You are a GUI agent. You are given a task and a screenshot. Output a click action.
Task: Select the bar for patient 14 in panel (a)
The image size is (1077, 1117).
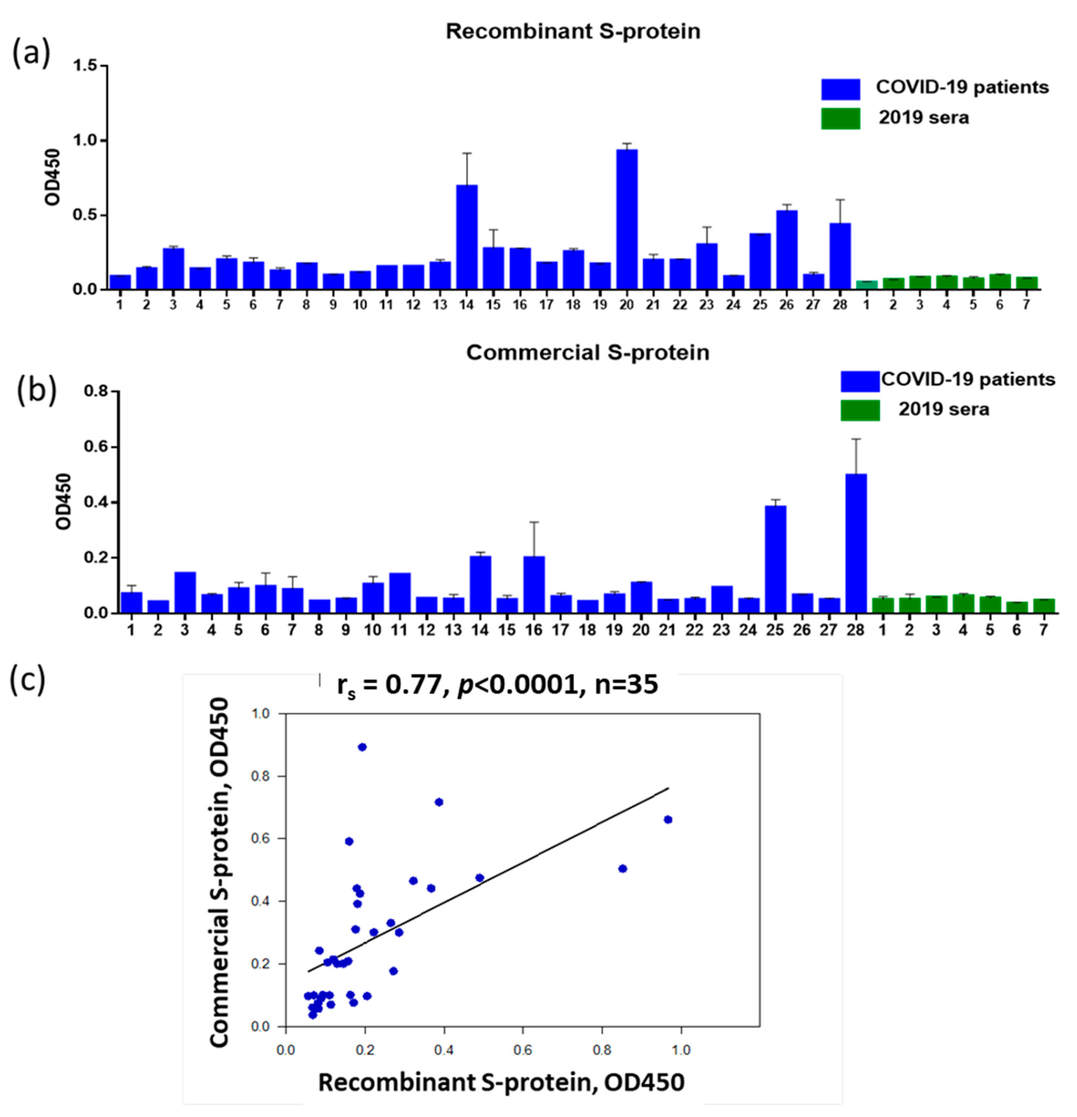[x=467, y=236]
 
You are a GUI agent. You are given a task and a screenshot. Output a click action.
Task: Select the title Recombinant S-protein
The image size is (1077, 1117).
[x=573, y=31]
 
